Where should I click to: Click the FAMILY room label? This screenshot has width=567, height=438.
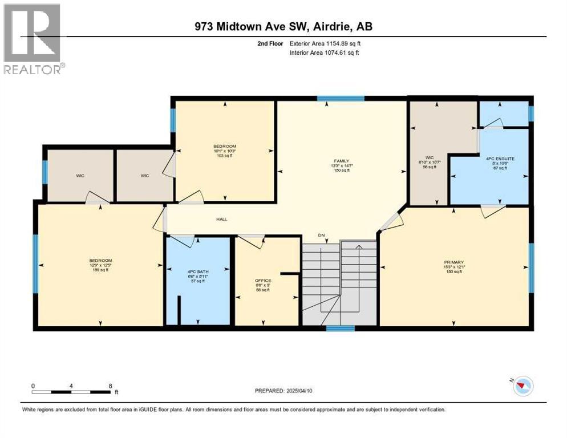tap(342, 161)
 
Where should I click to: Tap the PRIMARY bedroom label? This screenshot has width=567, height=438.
tap(455, 262)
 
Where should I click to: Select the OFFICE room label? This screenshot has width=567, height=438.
tap(263, 281)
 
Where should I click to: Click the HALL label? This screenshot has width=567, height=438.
tap(222, 218)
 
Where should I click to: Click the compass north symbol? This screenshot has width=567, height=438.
tap(521, 386)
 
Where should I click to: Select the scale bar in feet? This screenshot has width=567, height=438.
tap(71, 391)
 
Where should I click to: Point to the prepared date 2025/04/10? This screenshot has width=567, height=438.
tap(284, 391)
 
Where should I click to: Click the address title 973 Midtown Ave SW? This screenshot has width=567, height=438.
tap(283, 26)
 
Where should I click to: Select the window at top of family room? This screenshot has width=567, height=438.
tap(341, 99)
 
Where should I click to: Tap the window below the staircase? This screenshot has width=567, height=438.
tap(341, 328)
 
